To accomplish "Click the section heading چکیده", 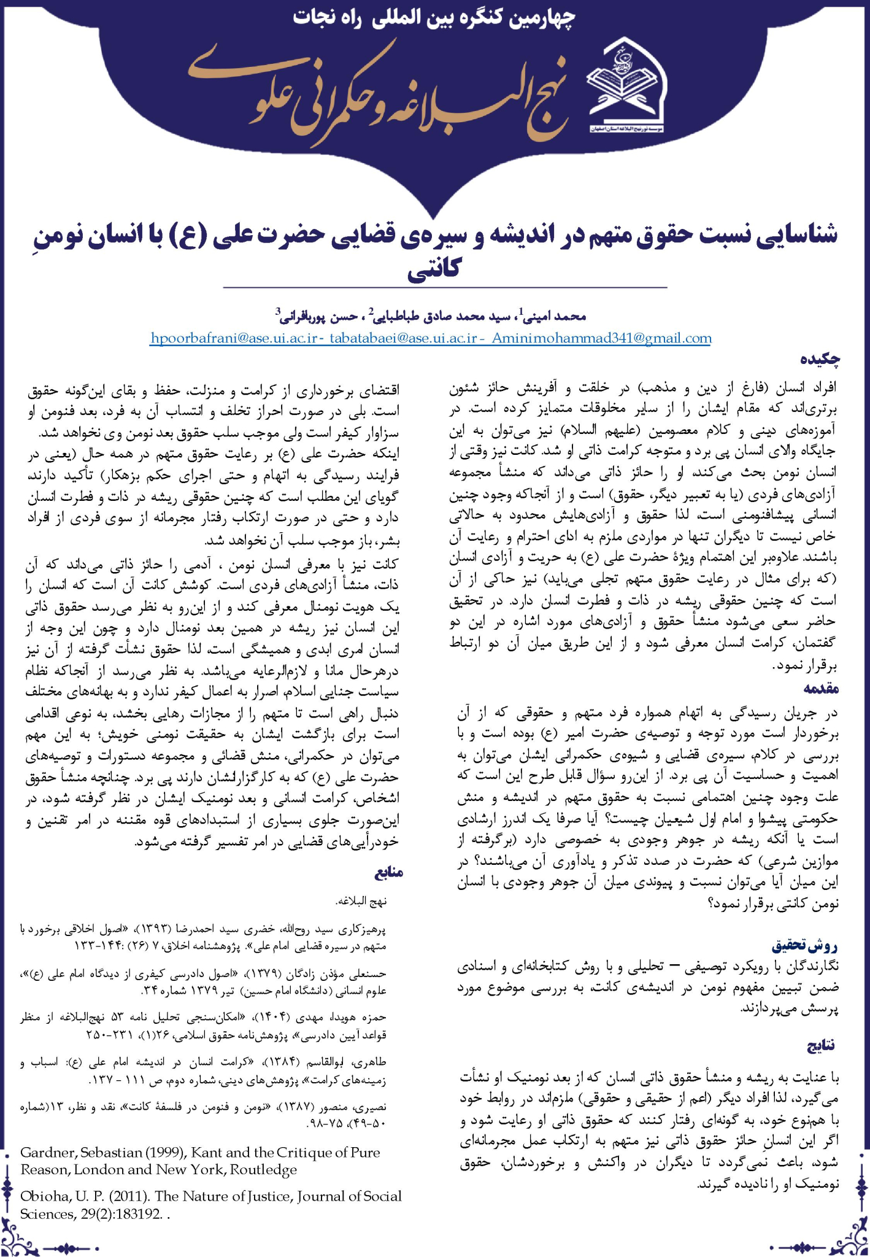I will point(819,360).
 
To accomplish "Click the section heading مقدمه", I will point(820,689).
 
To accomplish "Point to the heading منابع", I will point(388,872).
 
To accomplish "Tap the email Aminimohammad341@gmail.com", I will point(601,338).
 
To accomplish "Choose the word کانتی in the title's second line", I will point(434,268).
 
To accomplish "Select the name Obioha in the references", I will point(44,1196).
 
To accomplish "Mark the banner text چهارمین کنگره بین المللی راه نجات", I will point(434,17).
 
